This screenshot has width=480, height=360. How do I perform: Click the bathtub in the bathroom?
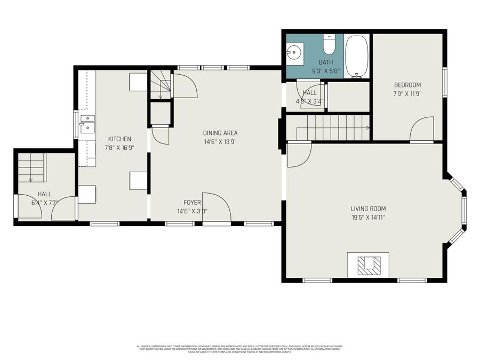point(357,57)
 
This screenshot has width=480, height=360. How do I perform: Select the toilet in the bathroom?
point(329,46)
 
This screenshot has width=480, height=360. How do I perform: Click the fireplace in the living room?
point(368,264)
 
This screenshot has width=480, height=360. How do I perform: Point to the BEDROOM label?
point(407,85)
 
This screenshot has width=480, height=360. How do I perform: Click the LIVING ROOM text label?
point(368,209)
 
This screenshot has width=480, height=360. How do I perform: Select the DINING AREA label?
point(220,133)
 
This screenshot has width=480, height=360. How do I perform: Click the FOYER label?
point(192,202)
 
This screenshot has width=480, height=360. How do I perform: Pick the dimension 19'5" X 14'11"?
point(368,217)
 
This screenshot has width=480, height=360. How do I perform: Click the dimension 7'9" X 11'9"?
point(407,94)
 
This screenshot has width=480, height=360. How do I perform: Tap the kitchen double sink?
point(87,123)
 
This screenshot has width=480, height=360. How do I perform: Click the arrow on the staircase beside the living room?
point(367,128)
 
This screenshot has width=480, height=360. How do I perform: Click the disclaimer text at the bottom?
point(239,349)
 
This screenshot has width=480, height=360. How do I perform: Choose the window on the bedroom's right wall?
point(444,83)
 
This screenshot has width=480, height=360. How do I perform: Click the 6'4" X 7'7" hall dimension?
point(44,203)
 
